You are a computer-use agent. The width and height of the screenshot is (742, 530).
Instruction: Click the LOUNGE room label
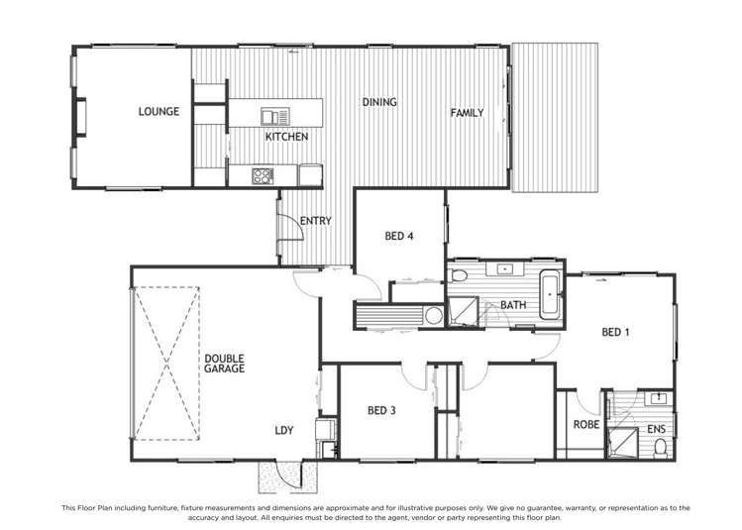click(159, 112)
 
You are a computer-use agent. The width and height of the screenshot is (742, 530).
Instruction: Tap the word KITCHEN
click(286, 137)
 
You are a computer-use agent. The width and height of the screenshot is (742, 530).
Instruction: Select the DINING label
click(379, 102)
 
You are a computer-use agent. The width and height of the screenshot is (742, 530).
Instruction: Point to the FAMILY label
click(467, 113)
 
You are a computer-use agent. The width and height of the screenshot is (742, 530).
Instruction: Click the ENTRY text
click(315, 221)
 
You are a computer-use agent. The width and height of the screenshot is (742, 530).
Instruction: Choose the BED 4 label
click(398, 236)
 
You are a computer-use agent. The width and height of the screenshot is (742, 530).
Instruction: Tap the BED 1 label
click(615, 333)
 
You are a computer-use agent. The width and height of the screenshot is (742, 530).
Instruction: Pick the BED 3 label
click(381, 410)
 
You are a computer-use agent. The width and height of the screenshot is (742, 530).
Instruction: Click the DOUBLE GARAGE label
click(225, 363)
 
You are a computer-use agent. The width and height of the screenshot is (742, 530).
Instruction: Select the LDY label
click(284, 430)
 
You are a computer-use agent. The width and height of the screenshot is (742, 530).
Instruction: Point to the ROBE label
click(584, 426)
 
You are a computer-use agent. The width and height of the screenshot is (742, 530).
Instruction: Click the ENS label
click(657, 428)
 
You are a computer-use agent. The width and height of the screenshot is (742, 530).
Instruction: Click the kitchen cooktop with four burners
click(263, 176)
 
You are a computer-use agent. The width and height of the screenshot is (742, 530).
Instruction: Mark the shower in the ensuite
click(623, 443)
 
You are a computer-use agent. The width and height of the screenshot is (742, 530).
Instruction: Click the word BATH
click(513, 305)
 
